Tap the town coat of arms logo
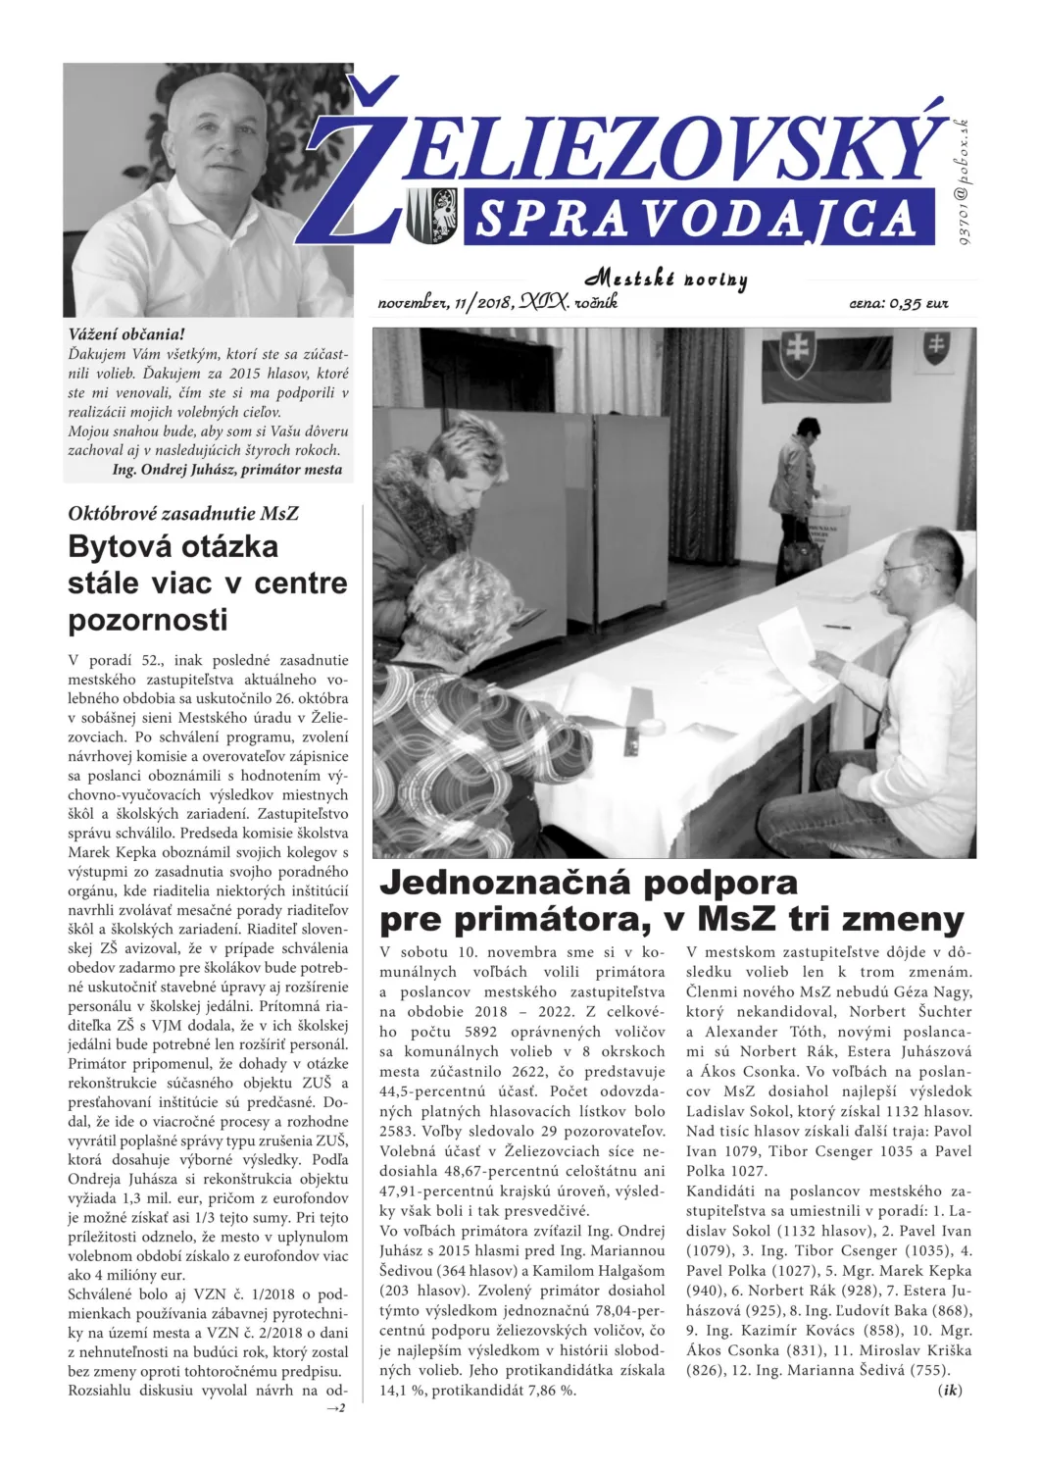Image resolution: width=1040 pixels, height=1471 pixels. [431, 215]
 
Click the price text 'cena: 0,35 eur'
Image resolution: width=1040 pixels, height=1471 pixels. [898, 304]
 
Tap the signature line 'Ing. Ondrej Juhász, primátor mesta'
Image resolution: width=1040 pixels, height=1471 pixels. [227, 470]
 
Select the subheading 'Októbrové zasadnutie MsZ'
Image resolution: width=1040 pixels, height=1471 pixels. [183, 513]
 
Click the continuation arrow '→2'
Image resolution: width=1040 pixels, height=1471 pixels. [335, 1408]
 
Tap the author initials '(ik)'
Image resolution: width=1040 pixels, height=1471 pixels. [950, 1391]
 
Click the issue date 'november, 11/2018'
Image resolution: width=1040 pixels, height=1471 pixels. [446, 303]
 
